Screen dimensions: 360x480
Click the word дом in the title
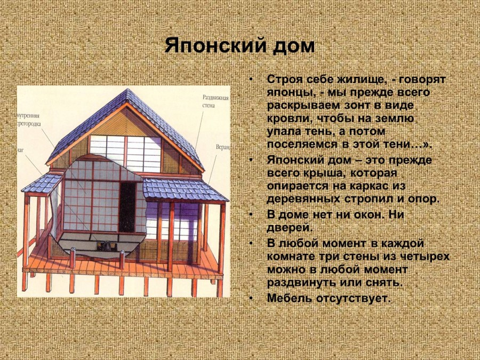click(x=294, y=45)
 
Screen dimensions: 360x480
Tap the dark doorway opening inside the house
click(x=127, y=208)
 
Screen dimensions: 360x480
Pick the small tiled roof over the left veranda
click(x=42, y=184)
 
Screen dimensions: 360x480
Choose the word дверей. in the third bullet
click(x=289, y=228)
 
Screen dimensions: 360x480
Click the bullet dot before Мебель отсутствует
click(x=251, y=298)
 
